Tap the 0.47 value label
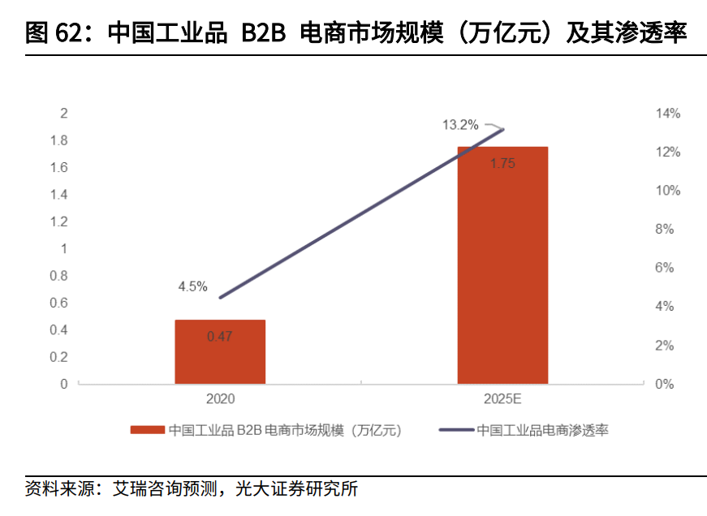pos(220,337)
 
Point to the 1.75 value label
pos(502,163)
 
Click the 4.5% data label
pos(193,286)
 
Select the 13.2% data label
pos(459,125)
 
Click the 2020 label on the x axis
pos(220,399)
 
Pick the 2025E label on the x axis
pos(502,399)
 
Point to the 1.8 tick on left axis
pos(58,140)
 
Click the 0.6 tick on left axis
pos(58,303)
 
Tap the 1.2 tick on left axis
pos(58,221)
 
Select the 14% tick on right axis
pos(664,114)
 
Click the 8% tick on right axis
pos(664,230)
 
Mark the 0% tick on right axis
pos(664,384)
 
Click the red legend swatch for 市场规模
pos(148,430)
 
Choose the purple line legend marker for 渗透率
pos(455,430)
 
